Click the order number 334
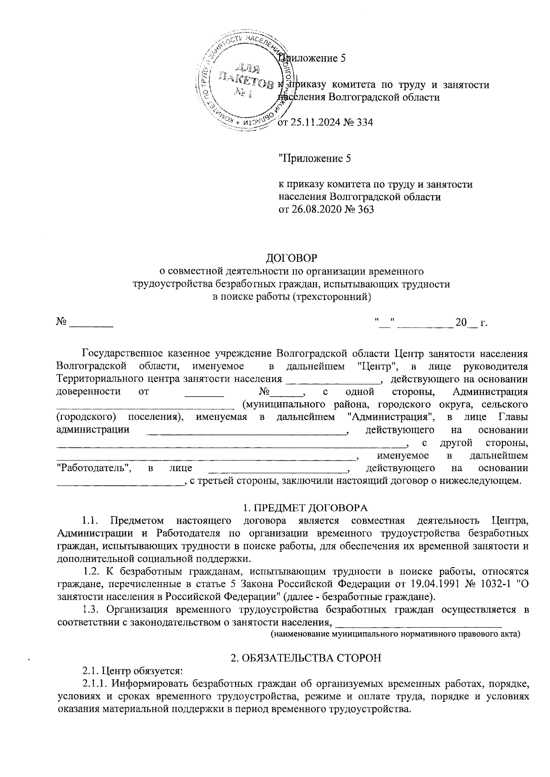tap(364, 122)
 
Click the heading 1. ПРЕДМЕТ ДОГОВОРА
tap(305, 508)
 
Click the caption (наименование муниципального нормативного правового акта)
tap(395, 635)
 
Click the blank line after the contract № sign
tap(91, 324)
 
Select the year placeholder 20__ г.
tap(471, 323)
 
